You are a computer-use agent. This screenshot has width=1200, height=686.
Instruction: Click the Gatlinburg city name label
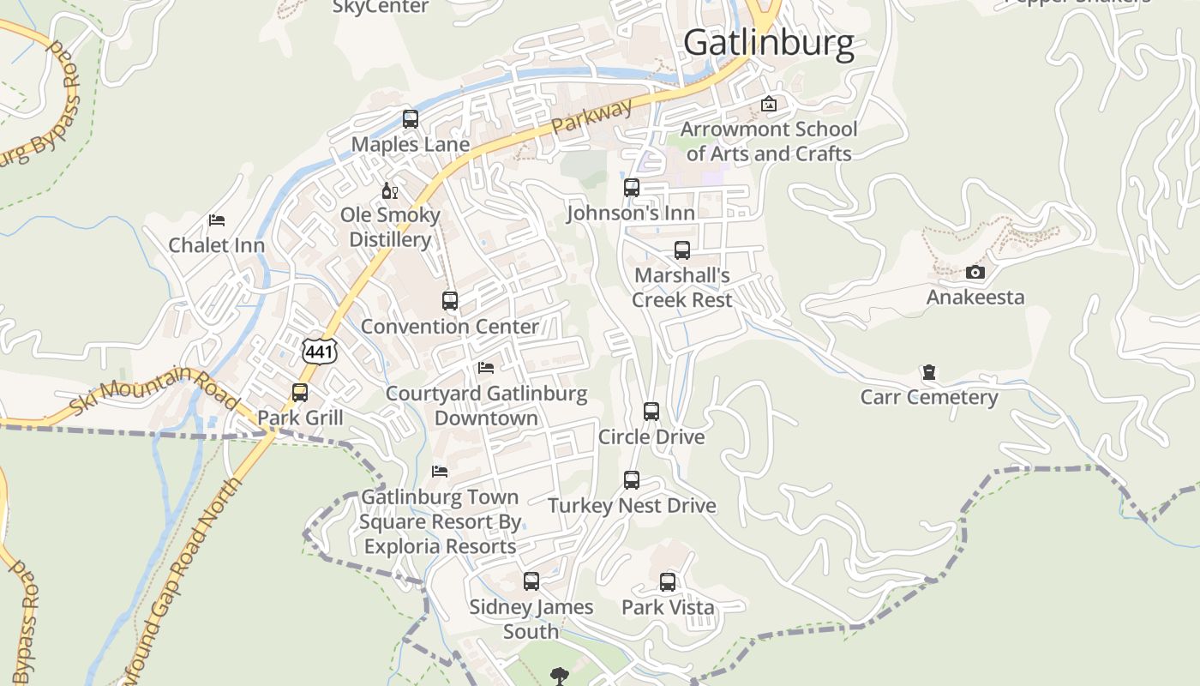tap(769, 43)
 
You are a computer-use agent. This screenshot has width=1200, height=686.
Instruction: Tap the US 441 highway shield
tap(320, 350)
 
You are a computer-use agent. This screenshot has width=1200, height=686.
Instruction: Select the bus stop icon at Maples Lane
tap(411, 119)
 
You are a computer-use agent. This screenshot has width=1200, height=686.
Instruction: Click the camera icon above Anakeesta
tap(975, 273)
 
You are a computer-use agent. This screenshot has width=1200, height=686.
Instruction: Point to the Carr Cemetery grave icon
tap(928, 372)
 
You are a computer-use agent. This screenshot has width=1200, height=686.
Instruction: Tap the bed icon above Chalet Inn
tap(217, 220)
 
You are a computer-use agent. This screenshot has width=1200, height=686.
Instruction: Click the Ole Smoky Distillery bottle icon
tap(389, 190)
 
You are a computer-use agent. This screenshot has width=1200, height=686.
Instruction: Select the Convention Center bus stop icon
tap(450, 301)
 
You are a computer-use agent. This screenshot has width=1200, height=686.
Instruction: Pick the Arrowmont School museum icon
tap(769, 105)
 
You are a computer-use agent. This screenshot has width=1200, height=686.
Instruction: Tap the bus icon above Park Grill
tap(300, 393)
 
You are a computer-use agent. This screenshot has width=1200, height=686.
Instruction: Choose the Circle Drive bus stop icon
tap(651, 412)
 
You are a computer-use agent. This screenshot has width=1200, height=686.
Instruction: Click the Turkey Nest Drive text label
tap(632, 506)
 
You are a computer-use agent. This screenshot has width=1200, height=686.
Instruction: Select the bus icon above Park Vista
tap(668, 582)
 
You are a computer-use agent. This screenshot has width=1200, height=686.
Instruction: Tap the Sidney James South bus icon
tap(531, 581)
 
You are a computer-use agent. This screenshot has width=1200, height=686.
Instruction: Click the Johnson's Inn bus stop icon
tap(632, 188)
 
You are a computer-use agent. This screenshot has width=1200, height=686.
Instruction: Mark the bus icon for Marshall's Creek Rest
tap(682, 250)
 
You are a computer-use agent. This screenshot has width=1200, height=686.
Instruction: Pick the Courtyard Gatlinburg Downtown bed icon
tap(486, 368)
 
